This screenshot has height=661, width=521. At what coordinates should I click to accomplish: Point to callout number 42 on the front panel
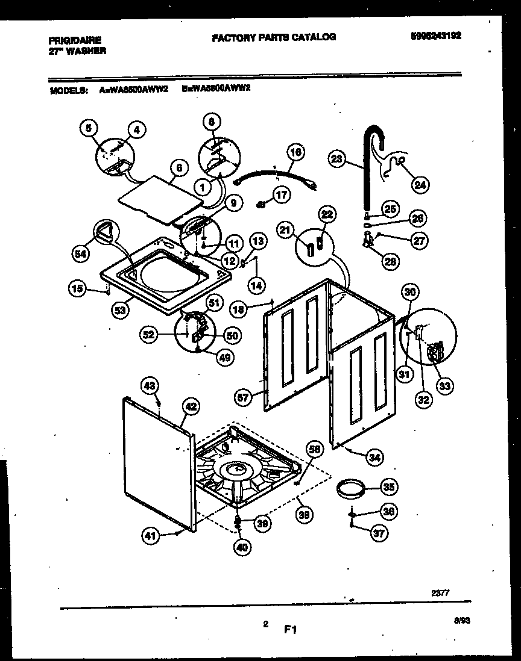[190, 407]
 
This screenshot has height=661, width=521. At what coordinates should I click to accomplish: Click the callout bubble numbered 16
[294, 152]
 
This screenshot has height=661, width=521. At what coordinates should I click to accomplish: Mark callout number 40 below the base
[241, 547]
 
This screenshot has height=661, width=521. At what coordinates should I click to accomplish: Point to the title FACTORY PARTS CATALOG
[274, 37]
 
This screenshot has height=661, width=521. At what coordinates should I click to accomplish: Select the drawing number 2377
[440, 593]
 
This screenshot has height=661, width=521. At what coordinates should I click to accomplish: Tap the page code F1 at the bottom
[291, 630]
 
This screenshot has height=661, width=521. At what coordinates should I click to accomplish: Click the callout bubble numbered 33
[445, 385]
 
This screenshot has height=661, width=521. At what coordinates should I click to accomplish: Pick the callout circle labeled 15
[76, 289]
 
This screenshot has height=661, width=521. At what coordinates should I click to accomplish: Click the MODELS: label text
[68, 91]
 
